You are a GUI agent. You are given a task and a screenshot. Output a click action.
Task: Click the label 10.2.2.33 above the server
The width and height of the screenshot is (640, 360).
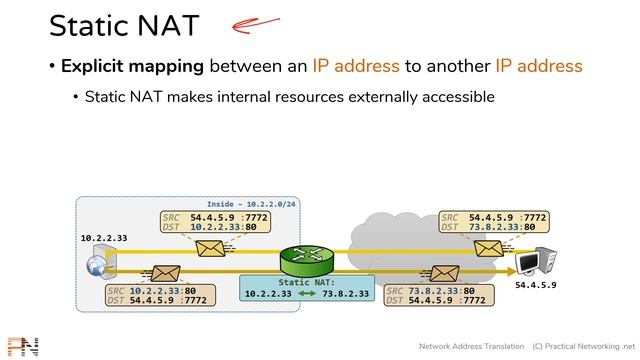[x=105, y=238]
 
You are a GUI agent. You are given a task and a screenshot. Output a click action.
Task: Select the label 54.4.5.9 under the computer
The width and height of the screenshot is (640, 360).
[x=535, y=286]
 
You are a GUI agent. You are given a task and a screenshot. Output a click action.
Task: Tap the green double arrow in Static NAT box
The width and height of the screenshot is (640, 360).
[x=307, y=294]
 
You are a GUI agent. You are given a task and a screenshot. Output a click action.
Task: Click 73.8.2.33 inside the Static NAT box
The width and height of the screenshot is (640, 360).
[x=346, y=294]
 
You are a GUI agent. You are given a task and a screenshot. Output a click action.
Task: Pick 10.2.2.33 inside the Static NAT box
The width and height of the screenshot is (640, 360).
[x=268, y=294]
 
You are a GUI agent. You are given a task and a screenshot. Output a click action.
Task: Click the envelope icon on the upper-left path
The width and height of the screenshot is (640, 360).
[x=211, y=248]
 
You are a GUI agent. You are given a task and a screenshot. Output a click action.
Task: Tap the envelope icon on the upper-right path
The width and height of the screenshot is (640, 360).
[x=489, y=248]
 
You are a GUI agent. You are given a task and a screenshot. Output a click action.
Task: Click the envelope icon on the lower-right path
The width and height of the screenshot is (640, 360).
[x=440, y=272]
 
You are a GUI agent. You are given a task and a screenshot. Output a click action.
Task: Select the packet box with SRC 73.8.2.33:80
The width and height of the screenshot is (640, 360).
[x=436, y=294]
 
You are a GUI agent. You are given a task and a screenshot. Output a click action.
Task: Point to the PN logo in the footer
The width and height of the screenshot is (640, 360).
[x=22, y=346]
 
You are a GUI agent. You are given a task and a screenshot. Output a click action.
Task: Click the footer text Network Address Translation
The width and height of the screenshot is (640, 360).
[x=470, y=346]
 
